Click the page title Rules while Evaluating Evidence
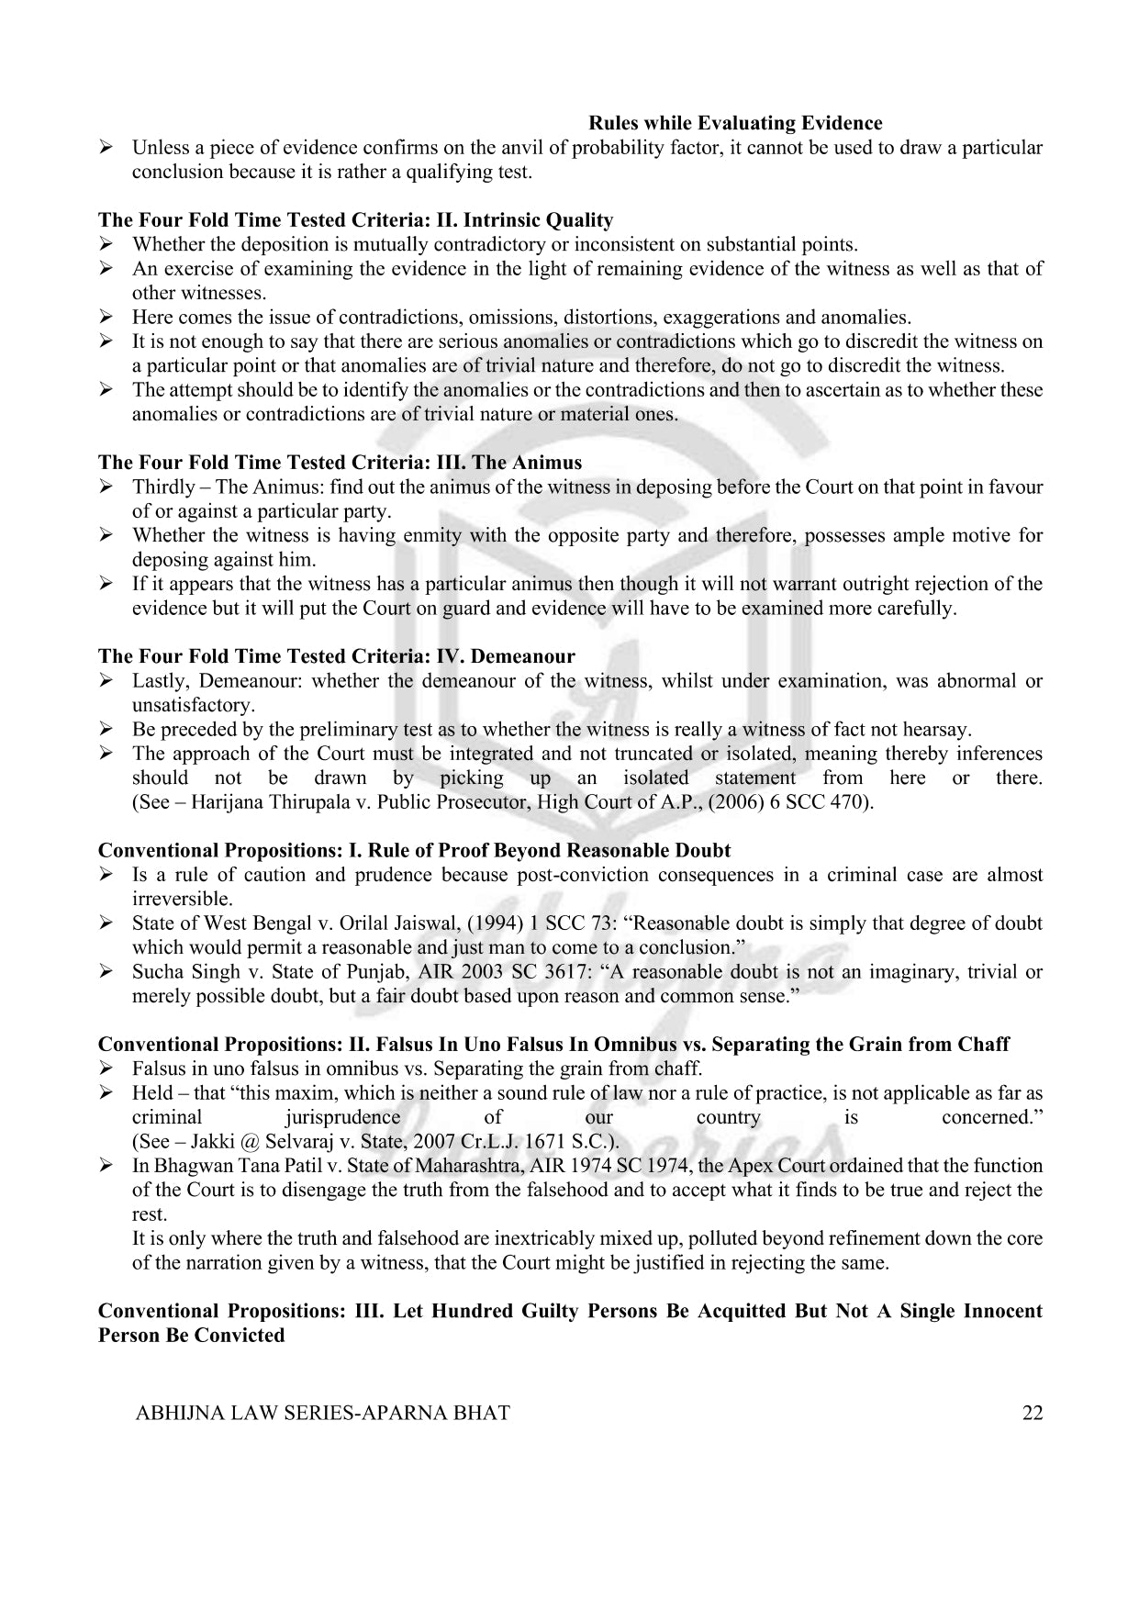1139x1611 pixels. [x=734, y=123]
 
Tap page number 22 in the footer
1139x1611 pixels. [x=1032, y=1413]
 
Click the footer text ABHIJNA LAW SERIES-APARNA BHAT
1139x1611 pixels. [x=322, y=1413]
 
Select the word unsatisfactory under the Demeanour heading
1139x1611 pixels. [x=192, y=705]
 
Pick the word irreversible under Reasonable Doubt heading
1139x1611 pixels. [x=182, y=899]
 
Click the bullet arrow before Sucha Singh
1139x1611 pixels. [x=106, y=971]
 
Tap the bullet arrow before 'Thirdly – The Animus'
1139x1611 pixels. [x=106, y=487]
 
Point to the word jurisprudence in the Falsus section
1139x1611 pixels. [x=342, y=1117]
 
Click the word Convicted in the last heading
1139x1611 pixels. [x=239, y=1335]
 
